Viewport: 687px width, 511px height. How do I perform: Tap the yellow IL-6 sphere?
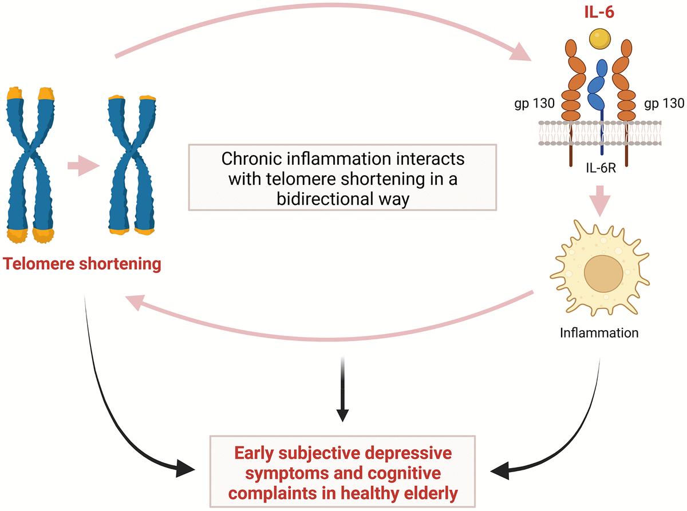(x=598, y=38)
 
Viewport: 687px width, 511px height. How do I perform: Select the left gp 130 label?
(x=530, y=104)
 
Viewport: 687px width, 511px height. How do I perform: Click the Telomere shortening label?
(x=81, y=264)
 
